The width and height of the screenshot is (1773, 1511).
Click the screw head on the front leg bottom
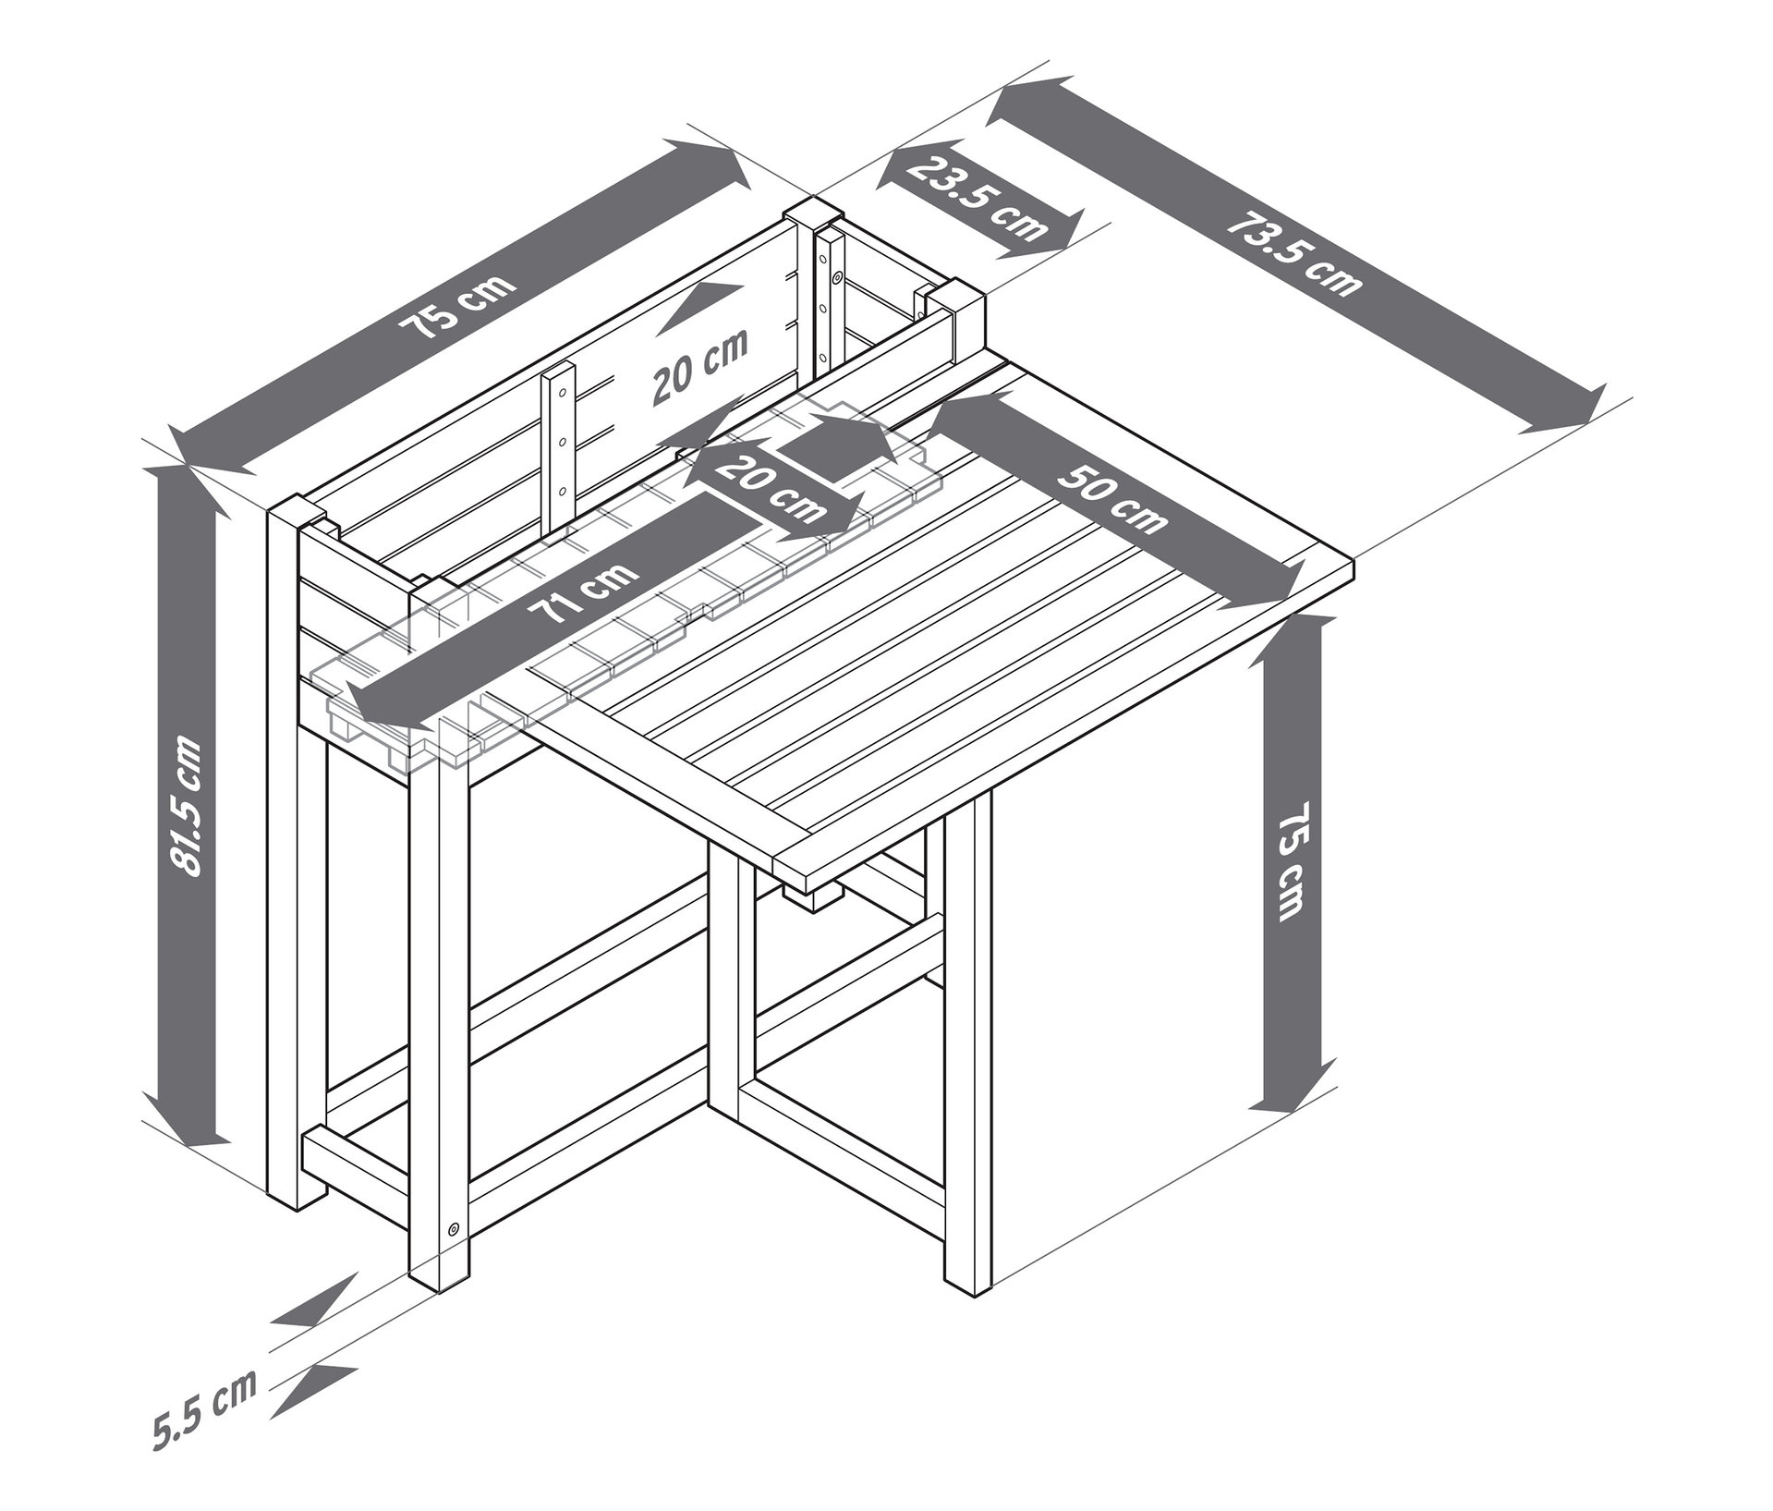pos(453,1228)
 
